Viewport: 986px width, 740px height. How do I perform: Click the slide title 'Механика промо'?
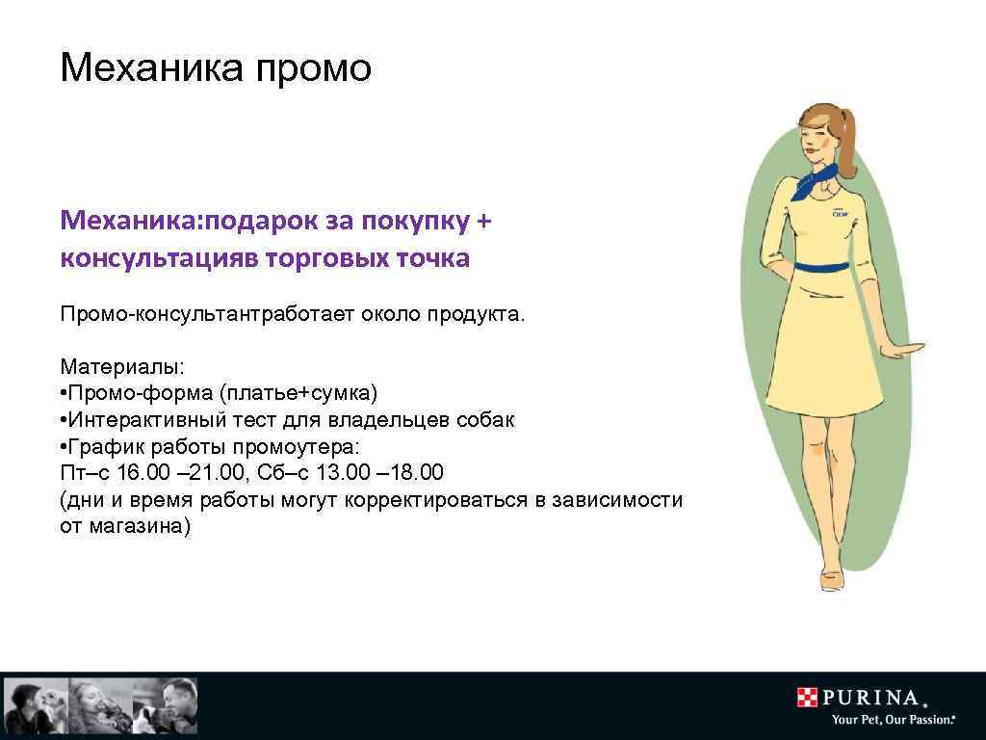(215, 68)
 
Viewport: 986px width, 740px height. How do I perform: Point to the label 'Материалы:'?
(121, 367)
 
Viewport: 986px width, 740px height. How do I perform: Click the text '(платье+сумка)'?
(299, 394)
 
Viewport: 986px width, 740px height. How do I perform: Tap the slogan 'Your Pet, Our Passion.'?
(892, 720)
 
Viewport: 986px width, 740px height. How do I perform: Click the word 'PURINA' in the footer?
(871, 698)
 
